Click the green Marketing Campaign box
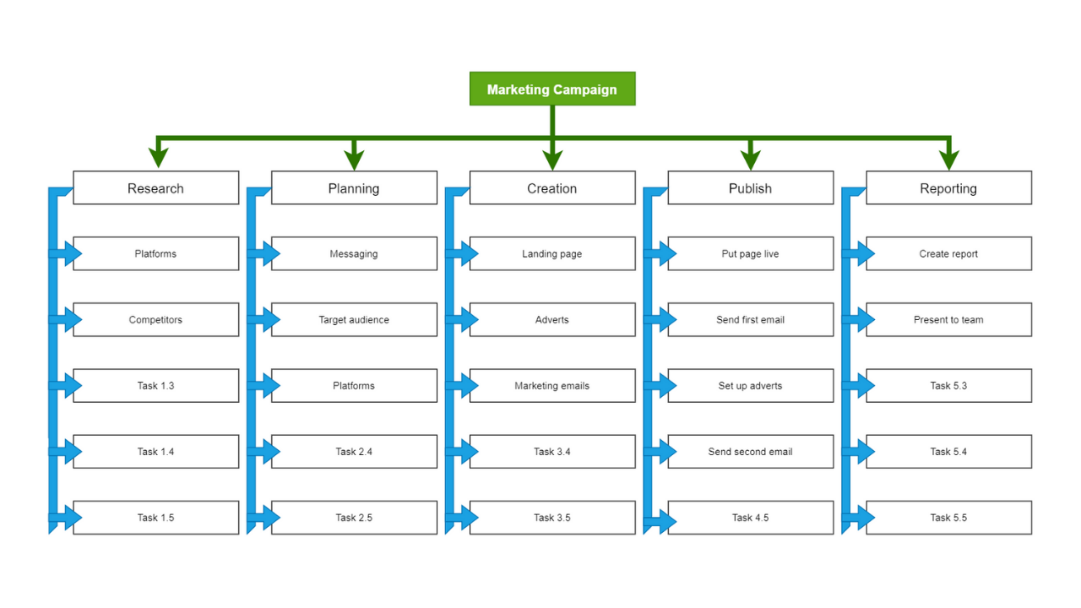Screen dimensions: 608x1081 pyautogui.click(x=552, y=89)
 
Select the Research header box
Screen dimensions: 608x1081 pyautogui.click(x=155, y=187)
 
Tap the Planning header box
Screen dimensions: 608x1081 pyautogui.click(x=354, y=187)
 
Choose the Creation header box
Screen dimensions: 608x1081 pyautogui.click(x=552, y=187)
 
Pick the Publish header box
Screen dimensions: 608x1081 pyautogui.click(x=750, y=187)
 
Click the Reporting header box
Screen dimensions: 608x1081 pyautogui.click(x=948, y=187)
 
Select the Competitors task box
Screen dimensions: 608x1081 pyautogui.click(x=155, y=319)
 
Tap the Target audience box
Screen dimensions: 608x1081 pyautogui.click(x=354, y=319)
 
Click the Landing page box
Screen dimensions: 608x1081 pyautogui.click(x=552, y=253)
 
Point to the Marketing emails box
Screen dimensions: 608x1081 pyautogui.click(x=552, y=385)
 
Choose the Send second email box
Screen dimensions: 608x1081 pyautogui.click(x=750, y=451)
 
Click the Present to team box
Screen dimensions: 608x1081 pyautogui.click(x=948, y=319)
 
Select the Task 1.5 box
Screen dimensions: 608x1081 pyautogui.click(x=155, y=517)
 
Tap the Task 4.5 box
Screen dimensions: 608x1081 pyautogui.click(x=750, y=517)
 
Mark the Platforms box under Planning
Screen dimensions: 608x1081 pyautogui.click(x=354, y=385)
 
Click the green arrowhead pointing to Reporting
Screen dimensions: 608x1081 pyautogui.click(x=948, y=158)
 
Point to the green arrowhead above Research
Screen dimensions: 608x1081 pyautogui.click(x=157, y=158)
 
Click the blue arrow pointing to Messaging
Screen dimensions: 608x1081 pyautogui.click(x=268, y=253)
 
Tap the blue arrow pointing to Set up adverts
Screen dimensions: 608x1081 pyautogui.click(x=664, y=385)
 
